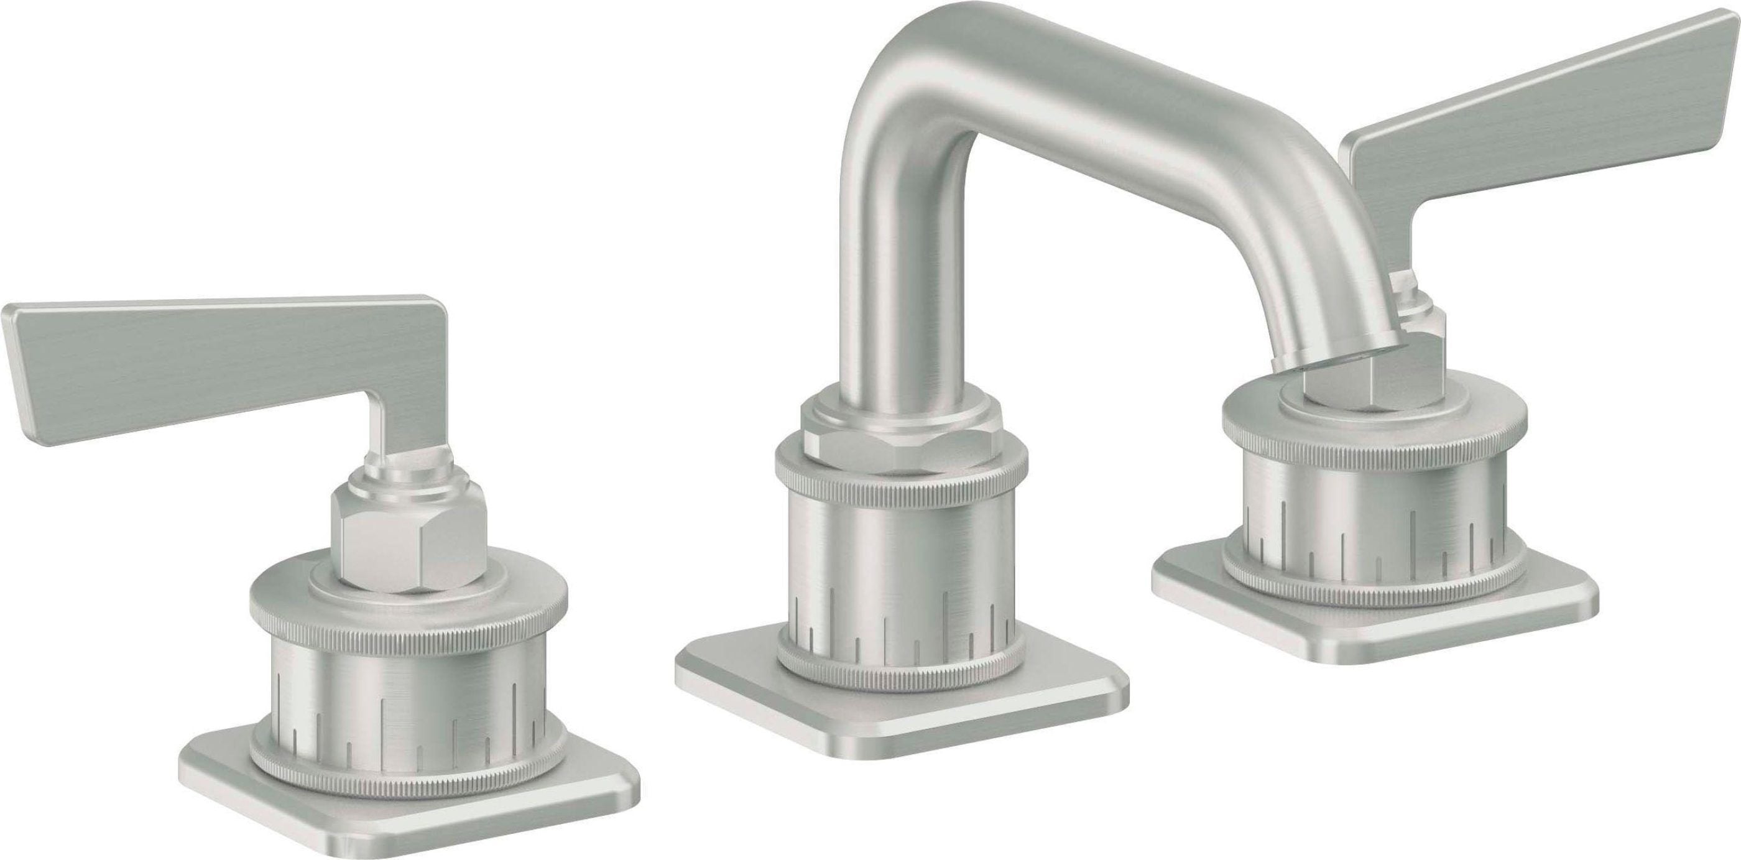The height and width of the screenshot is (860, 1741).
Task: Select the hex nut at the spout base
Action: coord(899,446)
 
